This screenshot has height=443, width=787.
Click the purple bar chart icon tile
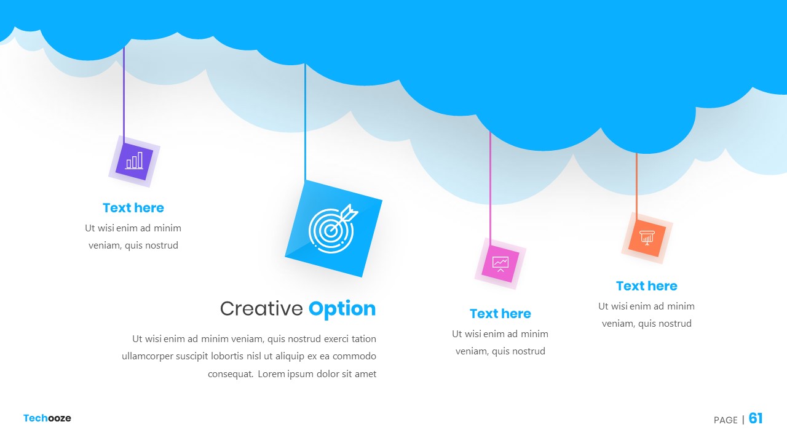(x=134, y=161)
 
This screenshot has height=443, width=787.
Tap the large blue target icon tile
(x=333, y=228)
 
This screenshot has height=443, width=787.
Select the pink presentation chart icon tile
(x=500, y=264)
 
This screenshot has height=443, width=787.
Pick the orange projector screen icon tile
(x=647, y=238)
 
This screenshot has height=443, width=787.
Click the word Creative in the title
(x=261, y=309)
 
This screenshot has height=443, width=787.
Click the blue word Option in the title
(x=342, y=309)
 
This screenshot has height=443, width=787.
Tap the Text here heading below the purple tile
(x=133, y=208)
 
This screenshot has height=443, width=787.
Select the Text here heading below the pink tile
(x=500, y=314)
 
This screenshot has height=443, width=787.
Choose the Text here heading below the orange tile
(x=646, y=286)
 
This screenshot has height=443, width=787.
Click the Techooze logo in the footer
(x=47, y=418)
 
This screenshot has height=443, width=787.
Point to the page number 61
(x=756, y=418)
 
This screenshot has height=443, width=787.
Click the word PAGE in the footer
(x=726, y=420)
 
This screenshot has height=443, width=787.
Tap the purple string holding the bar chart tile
(x=124, y=95)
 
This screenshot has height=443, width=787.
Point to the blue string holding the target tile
(x=305, y=122)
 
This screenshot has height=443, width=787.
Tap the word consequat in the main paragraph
(x=230, y=374)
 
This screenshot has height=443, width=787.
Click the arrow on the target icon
(x=343, y=218)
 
